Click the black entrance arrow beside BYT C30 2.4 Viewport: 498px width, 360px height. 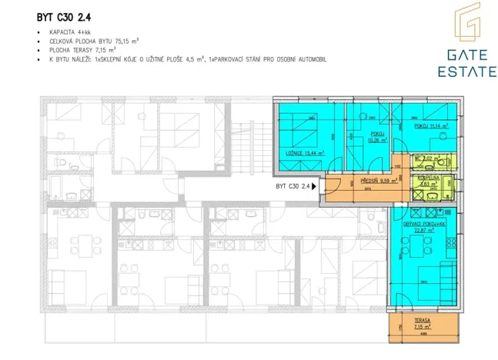[x=315, y=186]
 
